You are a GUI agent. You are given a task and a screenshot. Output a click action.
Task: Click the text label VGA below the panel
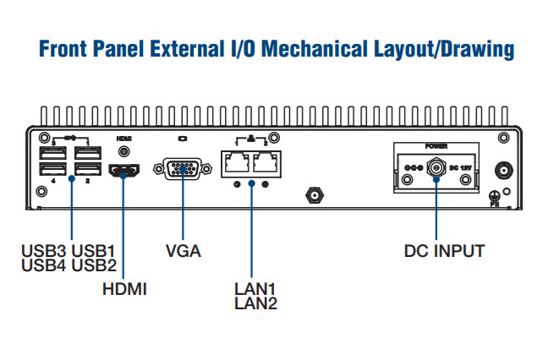pos(184,251)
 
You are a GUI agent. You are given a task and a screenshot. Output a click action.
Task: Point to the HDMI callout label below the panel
pos(124,289)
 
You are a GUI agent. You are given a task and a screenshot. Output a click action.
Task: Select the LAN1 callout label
pos(255,289)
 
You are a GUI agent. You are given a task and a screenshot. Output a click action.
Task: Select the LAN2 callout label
pos(255,303)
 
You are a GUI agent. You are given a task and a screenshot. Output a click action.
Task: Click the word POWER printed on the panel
pos(436,146)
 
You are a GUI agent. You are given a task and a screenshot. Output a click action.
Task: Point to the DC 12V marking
pos(461,168)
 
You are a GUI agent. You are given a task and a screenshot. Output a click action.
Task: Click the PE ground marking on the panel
pos(496,203)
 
